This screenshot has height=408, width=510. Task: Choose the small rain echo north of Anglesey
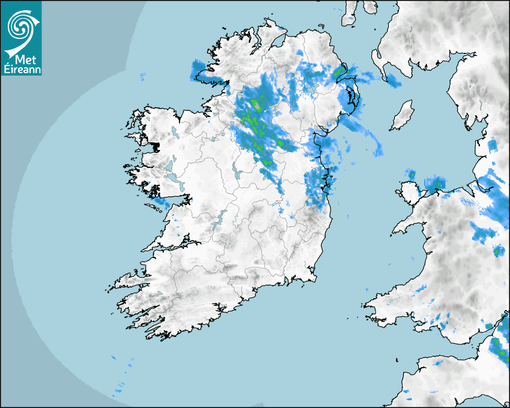point(412,175)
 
